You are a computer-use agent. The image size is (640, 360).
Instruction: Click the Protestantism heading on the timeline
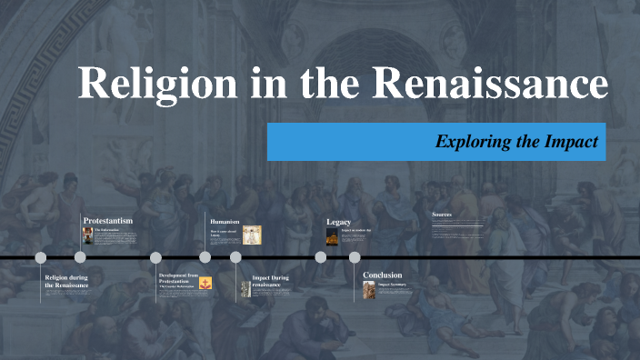108,221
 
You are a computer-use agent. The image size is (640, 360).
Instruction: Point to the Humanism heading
225,221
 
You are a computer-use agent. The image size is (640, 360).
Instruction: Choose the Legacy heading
338,222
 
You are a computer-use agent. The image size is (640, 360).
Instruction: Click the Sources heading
442,215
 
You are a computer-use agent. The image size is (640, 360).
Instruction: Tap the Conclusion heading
383,275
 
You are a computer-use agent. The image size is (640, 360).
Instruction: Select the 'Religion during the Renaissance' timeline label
66,281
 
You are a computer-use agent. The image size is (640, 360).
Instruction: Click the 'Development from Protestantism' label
178,277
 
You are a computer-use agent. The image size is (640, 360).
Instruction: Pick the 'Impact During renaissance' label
271,281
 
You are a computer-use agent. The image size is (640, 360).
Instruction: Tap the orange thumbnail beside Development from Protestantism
205,283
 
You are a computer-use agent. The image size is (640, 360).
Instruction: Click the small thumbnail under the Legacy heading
332,236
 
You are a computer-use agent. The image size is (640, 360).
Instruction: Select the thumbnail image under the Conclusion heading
368,289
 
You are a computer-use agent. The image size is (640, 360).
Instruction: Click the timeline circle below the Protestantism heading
80,257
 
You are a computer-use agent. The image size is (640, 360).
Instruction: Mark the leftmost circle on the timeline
40,257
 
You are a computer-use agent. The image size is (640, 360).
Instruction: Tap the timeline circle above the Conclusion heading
355,257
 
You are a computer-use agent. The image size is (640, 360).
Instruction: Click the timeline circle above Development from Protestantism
155,257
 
